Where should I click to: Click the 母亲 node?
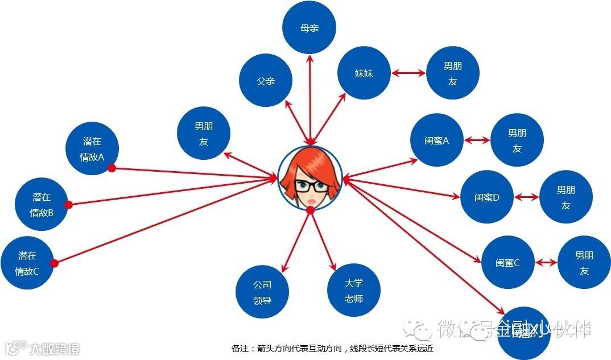309,27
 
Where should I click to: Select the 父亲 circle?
266,80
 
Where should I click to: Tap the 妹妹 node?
364,73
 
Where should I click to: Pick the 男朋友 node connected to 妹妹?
453,73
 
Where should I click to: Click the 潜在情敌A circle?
92,149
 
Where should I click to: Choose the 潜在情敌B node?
42,205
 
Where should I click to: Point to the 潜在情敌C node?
27,263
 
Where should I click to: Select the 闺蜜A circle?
437,140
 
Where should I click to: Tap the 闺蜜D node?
486,197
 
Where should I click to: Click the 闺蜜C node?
507,263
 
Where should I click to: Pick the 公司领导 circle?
262,292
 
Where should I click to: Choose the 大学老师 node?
354,291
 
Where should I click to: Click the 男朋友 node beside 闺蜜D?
565,197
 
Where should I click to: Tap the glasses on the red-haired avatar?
310,186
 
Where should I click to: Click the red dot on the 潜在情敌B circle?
68,205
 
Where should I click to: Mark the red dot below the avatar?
310,211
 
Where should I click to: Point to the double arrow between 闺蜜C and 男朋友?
547,263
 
